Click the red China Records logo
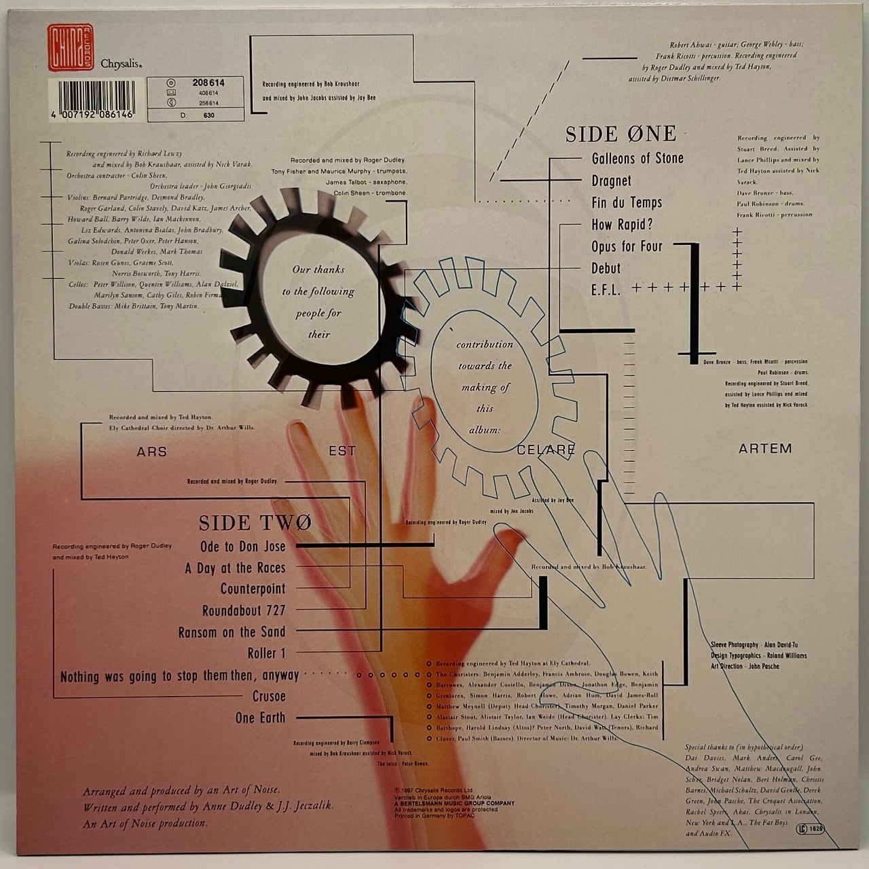click(x=71, y=48)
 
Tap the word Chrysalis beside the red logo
click(x=121, y=64)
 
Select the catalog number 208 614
click(x=208, y=83)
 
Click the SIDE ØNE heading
click(x=621, y=134)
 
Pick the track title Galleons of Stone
click(x=637, y=159)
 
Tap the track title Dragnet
click(x=611, y=181)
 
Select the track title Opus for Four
click(x=627, y=246)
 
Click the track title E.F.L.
click(x=606, y=290)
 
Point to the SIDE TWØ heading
click(x=255, y=522)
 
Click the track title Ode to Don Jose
click(x=242, y=547)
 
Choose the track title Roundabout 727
click(x=244, y=610)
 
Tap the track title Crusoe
click(x=269, y=697)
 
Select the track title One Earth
click(x=260, y=718)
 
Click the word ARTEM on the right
click(x=765, y=449)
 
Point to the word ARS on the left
click(x=151, y=451)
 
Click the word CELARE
click(x=545, y=450)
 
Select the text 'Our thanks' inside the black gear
click(x=318, y=270)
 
